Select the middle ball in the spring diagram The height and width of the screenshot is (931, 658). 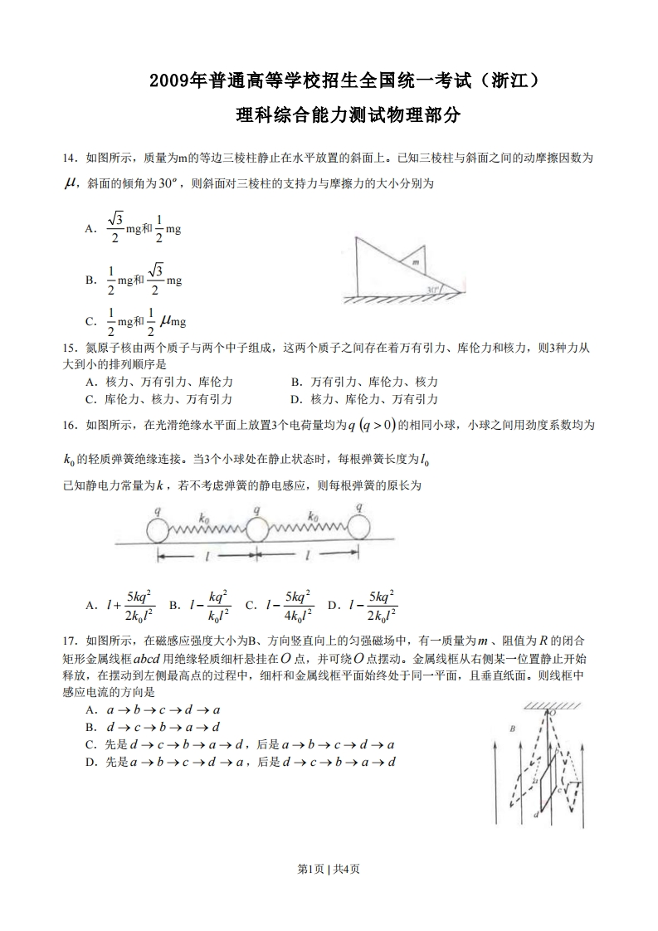coord(256,529)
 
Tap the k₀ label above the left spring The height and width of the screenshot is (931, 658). coord(203,516)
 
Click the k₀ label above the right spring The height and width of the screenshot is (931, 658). coord(314,515)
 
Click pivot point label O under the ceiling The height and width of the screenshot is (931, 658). coord(553,712)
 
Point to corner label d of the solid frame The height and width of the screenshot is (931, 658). coord(537,815)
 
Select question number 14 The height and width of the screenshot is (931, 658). coord(70,157)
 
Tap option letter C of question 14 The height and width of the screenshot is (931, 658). coord(90,320)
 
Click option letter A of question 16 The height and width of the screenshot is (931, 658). coord(90,606)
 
